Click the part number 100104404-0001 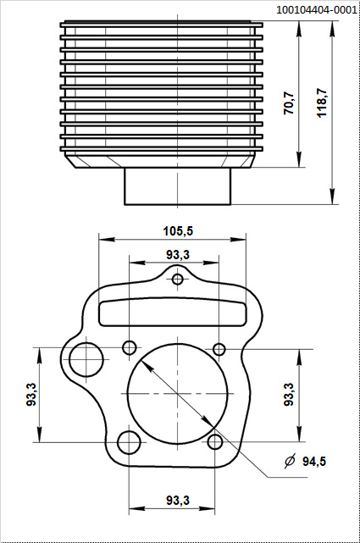coord(316,9)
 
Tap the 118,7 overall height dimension coord(322,103)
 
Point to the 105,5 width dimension coord(178,230)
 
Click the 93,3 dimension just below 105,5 coord(178,254)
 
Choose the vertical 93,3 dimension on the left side coord(31,394)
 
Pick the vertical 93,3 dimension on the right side coord(288,394)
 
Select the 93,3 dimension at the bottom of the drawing coord(178,501)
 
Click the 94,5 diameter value coord(314,462)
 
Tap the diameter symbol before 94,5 coord(290,462)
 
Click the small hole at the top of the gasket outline coord(178,280)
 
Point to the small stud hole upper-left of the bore coord(130,347)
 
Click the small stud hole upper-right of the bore coord(219,349)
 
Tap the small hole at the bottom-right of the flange coord(216,441)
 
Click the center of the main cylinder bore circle coord(178,395)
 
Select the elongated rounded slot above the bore coord(178,311)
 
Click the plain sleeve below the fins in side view coord(178,186)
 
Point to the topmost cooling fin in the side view coord(162,25)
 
